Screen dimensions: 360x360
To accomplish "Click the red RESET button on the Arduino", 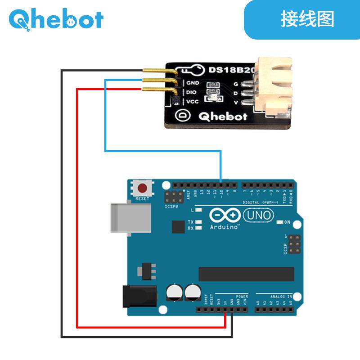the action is coord(143,188).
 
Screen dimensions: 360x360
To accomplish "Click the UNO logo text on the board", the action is coord(258,216).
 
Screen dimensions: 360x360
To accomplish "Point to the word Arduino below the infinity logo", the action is coord(224,227).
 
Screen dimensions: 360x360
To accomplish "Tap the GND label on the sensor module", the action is coord(193,83).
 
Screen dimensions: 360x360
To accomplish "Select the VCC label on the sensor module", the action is coord(193,101).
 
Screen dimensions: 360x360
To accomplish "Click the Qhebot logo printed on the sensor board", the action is coord(223,117).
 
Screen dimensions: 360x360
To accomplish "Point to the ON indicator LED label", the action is coord(287,222).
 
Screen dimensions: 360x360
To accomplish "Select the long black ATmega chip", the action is coord(246,274).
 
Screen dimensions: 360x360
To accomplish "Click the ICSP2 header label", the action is coord(172,207).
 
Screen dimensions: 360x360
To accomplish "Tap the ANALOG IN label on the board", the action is coord(281,297).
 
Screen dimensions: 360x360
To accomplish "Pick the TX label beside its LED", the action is coord(190,222).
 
